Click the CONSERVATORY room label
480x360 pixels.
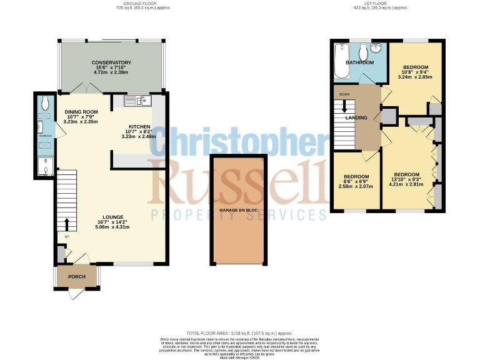click(x=111, y=62)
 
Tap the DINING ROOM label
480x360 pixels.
click(x=82, y=111)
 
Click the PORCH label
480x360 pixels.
click(x=76, y=277)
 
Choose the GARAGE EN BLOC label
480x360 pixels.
click(x=239, y=211)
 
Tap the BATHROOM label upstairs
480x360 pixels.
click(x=361, y=62)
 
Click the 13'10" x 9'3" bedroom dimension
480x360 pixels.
click(x=407, y=180)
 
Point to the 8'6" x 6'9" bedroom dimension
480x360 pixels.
click(x=356, y=181)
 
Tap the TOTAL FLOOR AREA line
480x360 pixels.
click(x=240, y=334)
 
